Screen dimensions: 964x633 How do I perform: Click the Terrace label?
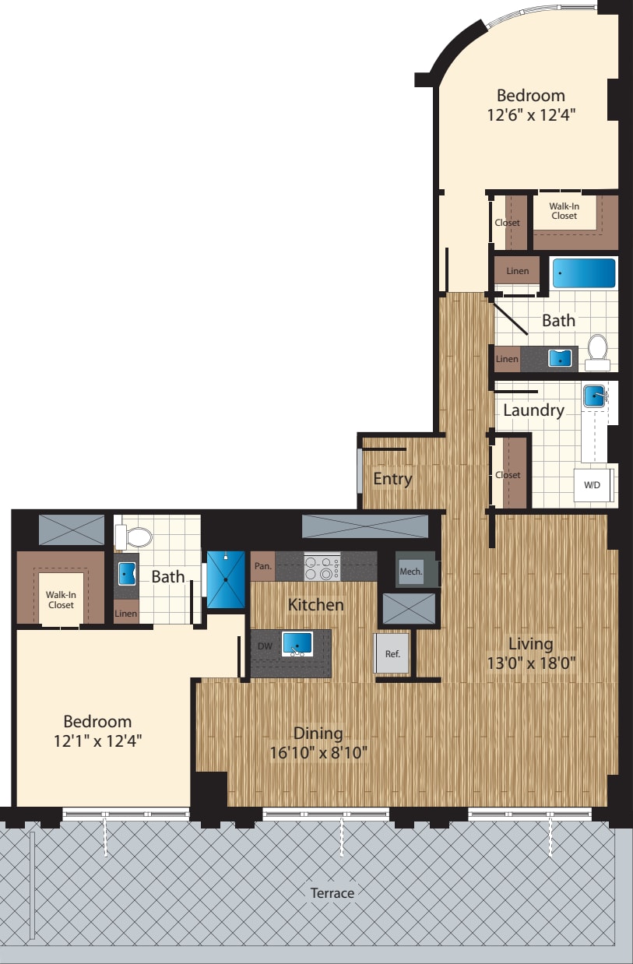tap(332, 893)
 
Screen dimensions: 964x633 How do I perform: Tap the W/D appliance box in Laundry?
tap(593, 485)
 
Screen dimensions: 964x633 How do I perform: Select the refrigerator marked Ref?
tap(392, 653)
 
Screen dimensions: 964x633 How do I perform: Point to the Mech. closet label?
tap(410, 571)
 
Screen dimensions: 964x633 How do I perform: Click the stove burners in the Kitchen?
tap(322, 566)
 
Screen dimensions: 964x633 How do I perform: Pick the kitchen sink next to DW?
tap(297, 644)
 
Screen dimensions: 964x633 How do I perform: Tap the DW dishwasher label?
tap(265, 646)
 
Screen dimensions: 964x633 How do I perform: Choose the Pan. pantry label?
tap(263, 566)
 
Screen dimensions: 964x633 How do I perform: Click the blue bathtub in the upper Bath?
tap(584, 273)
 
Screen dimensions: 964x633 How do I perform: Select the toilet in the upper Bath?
tap(598, 352)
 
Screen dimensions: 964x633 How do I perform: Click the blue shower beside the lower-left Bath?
tap(225, 579)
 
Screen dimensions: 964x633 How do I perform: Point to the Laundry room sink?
tap(596, 396)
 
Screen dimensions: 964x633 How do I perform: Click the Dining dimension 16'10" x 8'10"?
tap(318, 753)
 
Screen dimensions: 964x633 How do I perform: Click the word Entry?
tap(392, 478)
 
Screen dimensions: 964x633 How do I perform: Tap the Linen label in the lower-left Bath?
tap(125, 614)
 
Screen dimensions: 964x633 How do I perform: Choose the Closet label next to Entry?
tap(508, 475)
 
